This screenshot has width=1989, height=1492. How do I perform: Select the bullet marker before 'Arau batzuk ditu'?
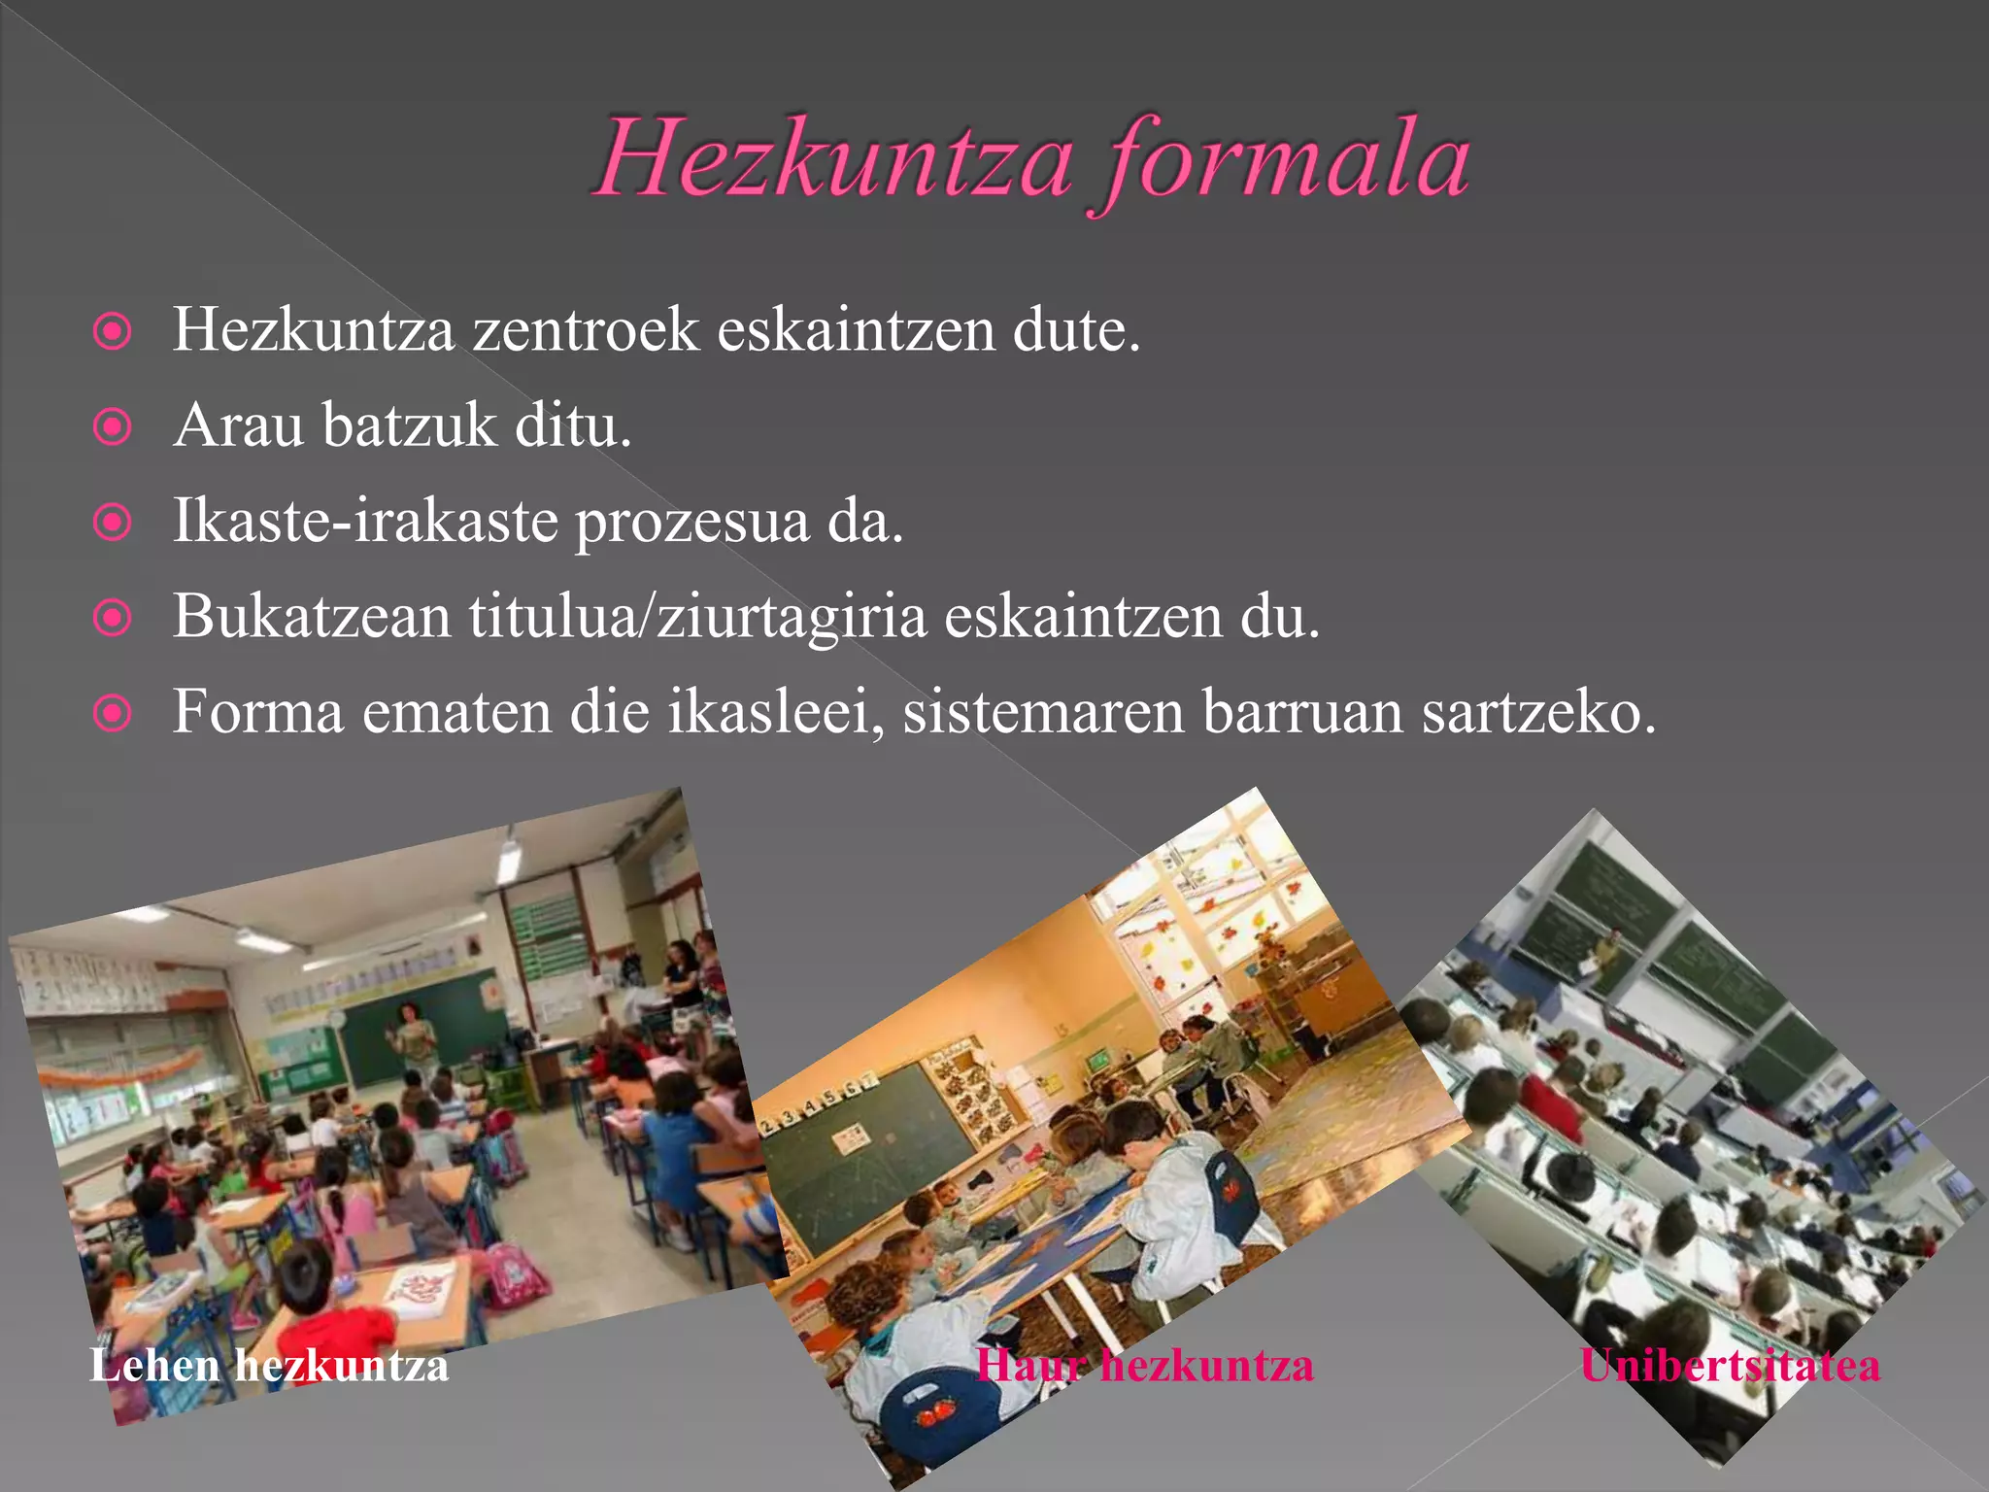113,426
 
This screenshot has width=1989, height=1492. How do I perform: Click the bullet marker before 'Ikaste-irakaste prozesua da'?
113,523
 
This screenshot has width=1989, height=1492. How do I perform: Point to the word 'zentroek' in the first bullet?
586,330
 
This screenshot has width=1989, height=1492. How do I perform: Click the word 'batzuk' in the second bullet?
409,425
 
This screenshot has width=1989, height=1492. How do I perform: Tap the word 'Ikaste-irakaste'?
365,522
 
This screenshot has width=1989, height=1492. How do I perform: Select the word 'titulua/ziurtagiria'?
697,617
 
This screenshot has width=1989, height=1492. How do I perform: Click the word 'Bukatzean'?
312,617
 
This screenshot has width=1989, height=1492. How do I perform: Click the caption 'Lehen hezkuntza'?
269,1366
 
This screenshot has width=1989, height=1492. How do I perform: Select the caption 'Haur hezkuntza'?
1144,1366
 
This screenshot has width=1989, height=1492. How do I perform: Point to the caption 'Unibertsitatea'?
1730,1366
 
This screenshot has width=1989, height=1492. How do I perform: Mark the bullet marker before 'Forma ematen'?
113,715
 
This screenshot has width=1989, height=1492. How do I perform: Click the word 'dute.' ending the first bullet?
1076,330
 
